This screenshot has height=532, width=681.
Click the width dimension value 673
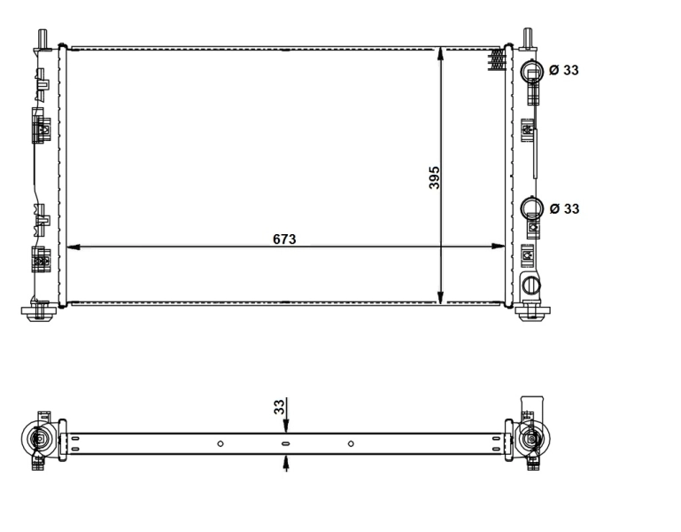(x=284, y=239)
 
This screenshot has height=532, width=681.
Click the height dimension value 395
(x=434, y=176)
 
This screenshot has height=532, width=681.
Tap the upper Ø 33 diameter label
(x=564, y=70)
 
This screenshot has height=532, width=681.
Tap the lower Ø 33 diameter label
(x=564, y=208)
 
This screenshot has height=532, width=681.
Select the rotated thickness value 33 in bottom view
(x=279, y=407)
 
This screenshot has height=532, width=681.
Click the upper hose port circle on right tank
(x=531, y=70)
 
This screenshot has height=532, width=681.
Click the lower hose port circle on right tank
(x=531, y=207)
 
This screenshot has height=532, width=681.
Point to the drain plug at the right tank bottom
(x=531, y=285)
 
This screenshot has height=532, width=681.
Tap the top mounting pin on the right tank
(x=529, y=36)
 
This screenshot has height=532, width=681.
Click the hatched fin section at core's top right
(x=497, y=58)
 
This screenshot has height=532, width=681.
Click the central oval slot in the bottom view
(x=285, y=443)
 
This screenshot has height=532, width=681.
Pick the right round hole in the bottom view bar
(x=351, y=443)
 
